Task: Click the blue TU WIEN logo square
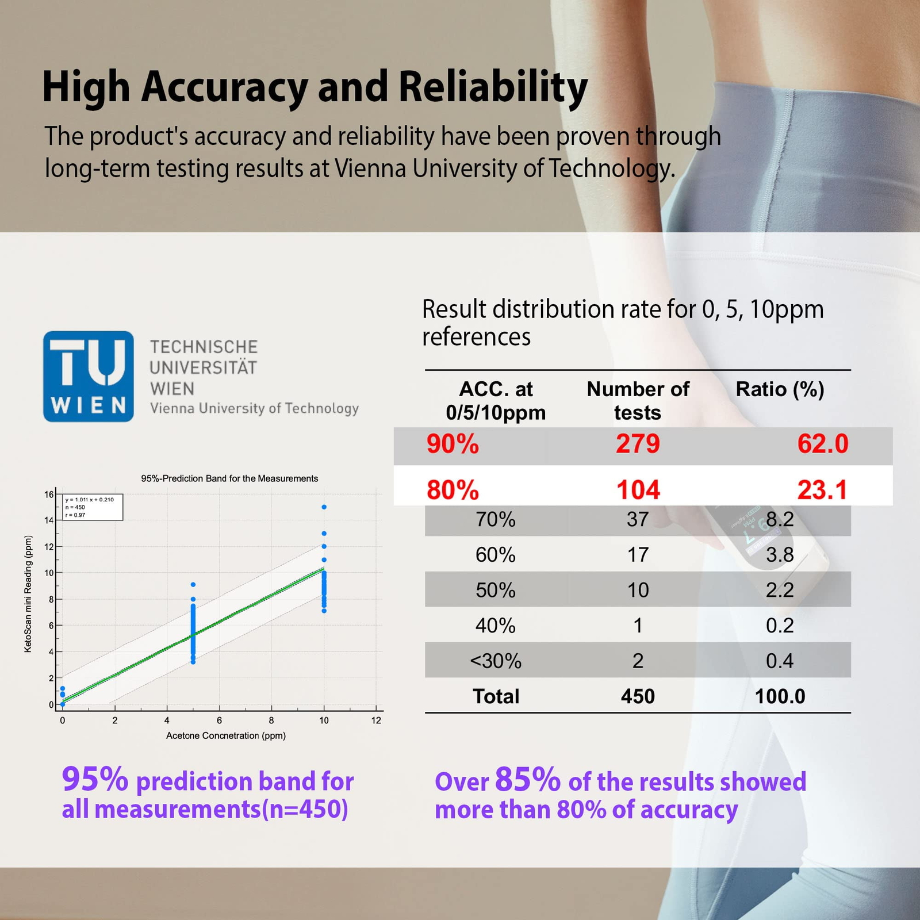tap(88, 376)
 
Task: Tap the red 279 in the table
tap(638, 444)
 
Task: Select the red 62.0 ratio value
tap(822, 444)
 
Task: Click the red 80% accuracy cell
tap(453, 490)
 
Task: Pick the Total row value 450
tap(638, 696)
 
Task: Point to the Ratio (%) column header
tap(780, 389)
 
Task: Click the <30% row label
tap(496, 661)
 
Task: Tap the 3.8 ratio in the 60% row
tap(780, 555)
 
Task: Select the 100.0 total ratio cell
tap(780, 696)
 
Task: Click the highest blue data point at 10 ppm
tap(324, 507)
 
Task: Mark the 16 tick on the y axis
tap(49, 494)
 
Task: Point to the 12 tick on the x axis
tap(376, 720)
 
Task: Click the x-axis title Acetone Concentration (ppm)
tap(226, 735)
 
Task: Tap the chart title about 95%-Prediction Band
tap(229, 478)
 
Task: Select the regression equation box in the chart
tap(93, 507)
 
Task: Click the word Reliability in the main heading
tap(493, 87)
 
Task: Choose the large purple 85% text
tap(527, 780)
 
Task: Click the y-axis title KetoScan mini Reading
tap(28, 594)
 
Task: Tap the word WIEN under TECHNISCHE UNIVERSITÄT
tap(172, 389)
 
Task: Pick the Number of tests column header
tap(638, 400)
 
